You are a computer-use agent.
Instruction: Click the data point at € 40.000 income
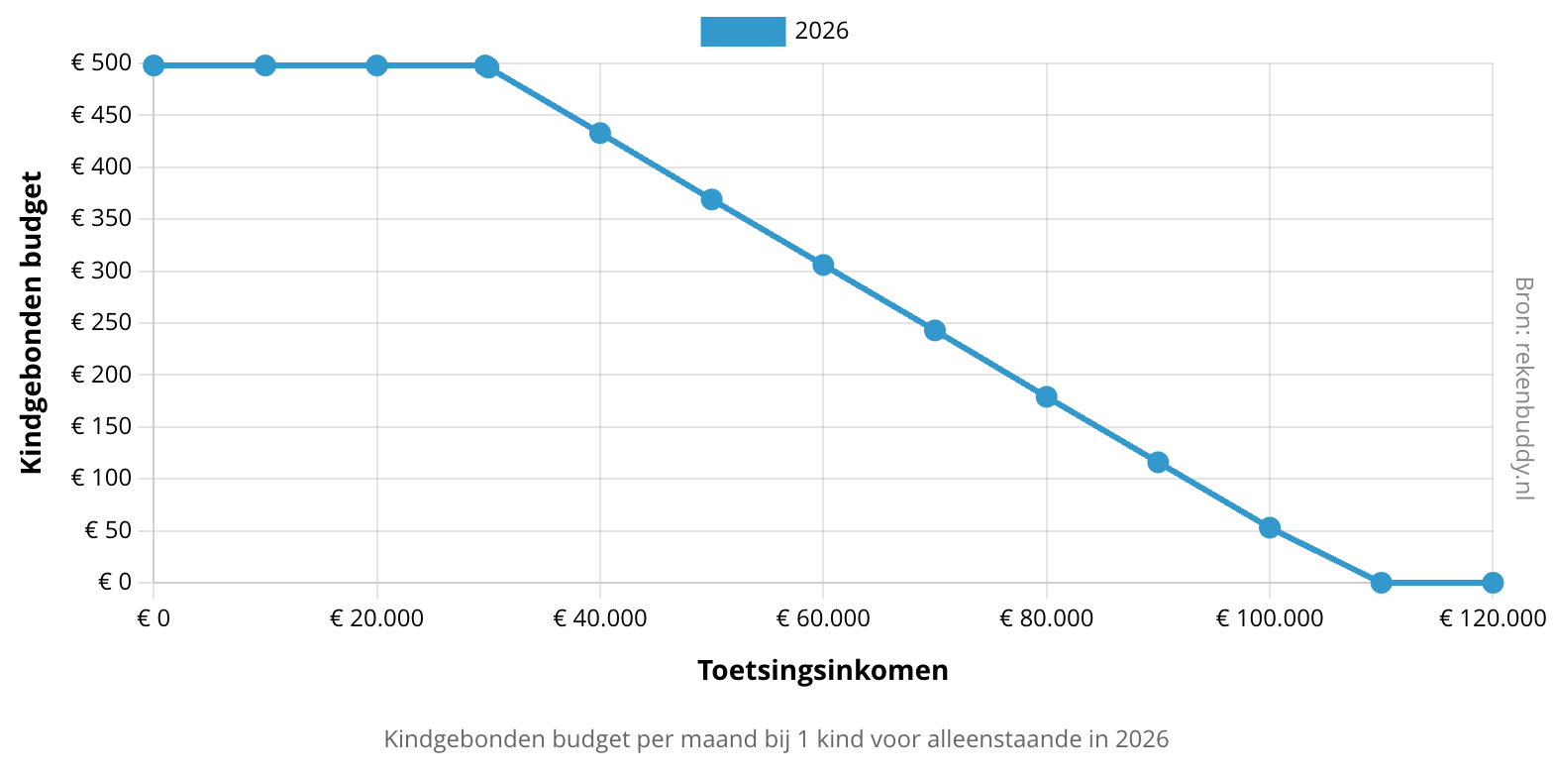(x=600, y=133)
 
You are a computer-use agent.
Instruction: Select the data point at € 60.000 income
(x=823, y=265)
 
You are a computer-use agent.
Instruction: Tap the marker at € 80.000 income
(x=1046, y=396)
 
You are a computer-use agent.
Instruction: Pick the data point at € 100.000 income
(x=1270, y=527)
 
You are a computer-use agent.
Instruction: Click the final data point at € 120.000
(x=1493, y=582)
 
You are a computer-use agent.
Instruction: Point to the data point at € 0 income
(x=154, y=65)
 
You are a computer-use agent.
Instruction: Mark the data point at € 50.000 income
(x=711, y=199)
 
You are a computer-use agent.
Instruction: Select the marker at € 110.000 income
(x=1381, y=582)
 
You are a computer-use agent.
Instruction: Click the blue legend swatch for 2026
(x=742, y=32)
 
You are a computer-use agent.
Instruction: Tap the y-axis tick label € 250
(x=101, y=322)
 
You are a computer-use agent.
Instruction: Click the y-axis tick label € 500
(x=101, y=63)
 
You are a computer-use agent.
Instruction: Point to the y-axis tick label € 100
(x=101, y=478)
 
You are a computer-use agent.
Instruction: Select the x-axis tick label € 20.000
(x=376, y=618)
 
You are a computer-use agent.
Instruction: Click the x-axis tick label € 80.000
(x=1046, y=618)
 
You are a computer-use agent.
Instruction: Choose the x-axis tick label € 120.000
(x=1492, y=618)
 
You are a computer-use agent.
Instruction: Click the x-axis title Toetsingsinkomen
(x=823, y=670)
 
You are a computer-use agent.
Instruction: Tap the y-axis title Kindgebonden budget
(x=32, y=322)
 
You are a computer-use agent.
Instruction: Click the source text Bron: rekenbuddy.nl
(x=1523, y=388)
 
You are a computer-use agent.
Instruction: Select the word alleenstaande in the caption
(x=1001, y=739)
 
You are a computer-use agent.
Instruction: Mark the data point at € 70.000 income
(x=935, y=330)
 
